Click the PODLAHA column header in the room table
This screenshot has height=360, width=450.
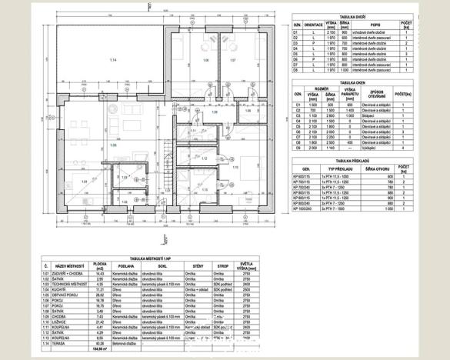tap(128, 266)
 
